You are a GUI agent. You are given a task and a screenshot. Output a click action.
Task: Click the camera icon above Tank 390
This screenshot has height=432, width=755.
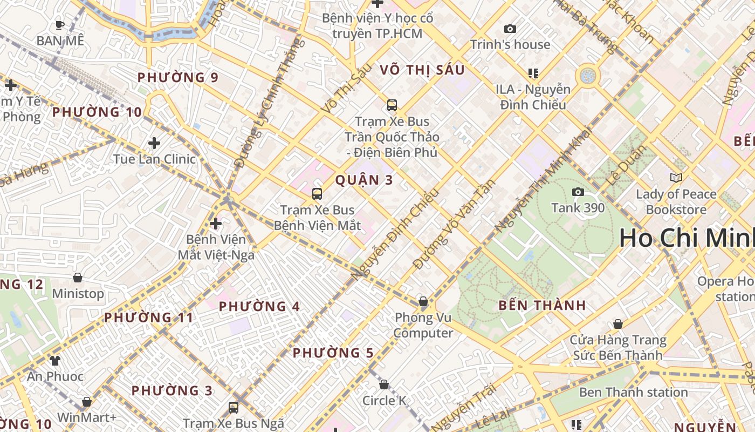(578, 192)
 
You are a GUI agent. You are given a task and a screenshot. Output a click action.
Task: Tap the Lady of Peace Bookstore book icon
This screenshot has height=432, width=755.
(676, 177)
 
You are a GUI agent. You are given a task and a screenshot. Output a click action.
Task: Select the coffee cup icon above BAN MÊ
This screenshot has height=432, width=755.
(60, 24)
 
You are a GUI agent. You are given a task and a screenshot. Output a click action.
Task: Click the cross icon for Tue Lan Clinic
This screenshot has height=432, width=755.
(154, 143)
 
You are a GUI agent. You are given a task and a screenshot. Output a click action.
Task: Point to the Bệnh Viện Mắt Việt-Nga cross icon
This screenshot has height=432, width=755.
(216, 223)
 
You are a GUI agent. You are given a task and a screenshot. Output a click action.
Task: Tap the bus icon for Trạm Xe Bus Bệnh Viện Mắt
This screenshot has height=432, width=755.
(317, 193)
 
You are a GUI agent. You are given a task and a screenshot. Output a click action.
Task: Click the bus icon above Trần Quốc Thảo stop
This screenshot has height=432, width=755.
(392, 105)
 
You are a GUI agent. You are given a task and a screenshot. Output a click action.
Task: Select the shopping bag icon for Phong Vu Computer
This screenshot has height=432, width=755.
(423, 301)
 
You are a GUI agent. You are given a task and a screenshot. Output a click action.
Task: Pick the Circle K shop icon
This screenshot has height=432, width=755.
(384, 384)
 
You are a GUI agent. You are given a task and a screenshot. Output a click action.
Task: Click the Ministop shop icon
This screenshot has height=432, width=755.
(78, 278)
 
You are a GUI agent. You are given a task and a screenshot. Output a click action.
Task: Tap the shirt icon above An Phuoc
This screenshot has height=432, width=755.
(55, 360)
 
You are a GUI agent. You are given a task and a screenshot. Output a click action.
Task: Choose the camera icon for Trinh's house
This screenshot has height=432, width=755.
(510, 29)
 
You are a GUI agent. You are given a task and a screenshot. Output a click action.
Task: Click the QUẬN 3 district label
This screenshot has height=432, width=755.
(365, 180)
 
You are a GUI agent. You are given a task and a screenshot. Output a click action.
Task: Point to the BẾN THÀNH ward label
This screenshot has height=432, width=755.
(542, 305)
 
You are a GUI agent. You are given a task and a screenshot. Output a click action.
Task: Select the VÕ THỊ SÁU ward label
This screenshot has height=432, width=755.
(422, 70)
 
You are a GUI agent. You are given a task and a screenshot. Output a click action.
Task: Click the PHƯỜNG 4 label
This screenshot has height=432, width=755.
(259, 307)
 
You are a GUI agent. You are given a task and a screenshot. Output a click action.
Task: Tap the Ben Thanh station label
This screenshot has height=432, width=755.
(633, 392)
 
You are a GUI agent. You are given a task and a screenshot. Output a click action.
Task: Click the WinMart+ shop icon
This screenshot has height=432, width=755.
(86, 402)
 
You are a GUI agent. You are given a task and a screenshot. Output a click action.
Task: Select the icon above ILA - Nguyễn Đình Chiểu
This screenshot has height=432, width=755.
(533, 73)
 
